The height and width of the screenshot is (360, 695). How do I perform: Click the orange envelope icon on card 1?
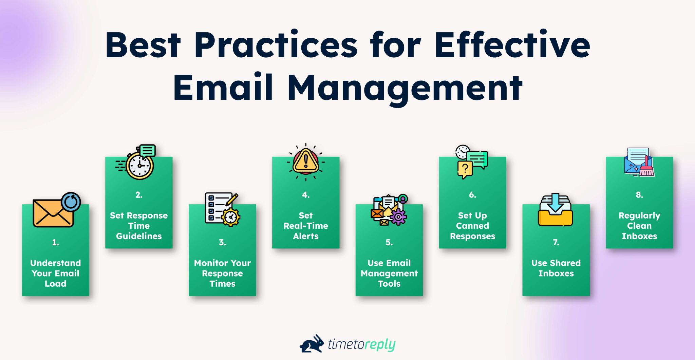click(53, 213)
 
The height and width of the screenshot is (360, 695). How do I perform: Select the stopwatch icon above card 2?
click(139, 165)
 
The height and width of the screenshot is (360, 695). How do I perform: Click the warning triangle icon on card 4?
click(305, 161)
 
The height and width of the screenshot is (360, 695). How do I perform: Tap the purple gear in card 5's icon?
click(398, 216)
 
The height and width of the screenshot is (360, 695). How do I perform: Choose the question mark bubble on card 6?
click(465, 169)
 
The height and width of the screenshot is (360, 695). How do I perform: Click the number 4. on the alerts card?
click(305, 195)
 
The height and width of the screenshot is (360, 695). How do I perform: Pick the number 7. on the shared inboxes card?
click(556, 242)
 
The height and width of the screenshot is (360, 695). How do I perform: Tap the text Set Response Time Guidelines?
click(139, 226)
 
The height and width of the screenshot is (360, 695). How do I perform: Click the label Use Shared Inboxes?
click(556, 268)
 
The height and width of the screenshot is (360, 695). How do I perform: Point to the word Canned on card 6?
click(472, 226)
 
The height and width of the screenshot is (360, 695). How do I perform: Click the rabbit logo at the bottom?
click(312, 344)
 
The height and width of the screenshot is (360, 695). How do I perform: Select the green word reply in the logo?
click(380, 345)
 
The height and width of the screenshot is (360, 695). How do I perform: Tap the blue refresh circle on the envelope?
click(71, 202)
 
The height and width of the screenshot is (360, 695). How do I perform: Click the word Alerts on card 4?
click(305, 236)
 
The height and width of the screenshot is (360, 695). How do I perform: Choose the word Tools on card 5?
click(389, 284)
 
